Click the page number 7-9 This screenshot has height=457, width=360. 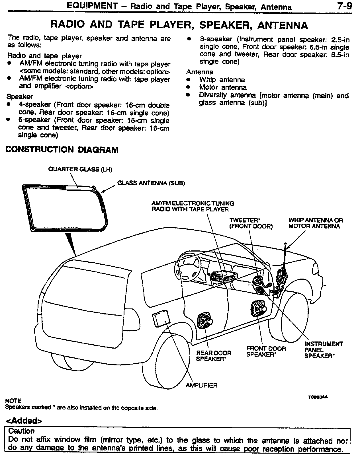point(344,6)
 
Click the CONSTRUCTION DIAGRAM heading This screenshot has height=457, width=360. point(62,150)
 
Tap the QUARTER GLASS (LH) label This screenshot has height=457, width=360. point(80,170)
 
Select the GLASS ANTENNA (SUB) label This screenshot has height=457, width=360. point(151,183)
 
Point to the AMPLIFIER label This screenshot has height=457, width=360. point(201,386)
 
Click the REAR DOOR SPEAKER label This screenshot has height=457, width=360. point(214,356)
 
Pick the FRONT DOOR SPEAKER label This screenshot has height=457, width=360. point(266,351)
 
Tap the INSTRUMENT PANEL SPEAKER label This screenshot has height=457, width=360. point(324,350)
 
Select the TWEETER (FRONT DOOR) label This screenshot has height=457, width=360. point(251,223)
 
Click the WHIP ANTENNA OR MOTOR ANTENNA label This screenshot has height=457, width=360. point(316,223)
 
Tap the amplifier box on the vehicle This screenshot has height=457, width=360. point(161,319)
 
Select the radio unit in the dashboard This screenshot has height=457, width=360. point(224,276)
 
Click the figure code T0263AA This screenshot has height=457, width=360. point(318,397)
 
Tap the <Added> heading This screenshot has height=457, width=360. point(24,421)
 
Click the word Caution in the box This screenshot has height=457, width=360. point(21,431)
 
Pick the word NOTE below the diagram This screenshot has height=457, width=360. point(13,401)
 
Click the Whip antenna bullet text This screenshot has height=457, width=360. point(222,80)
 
